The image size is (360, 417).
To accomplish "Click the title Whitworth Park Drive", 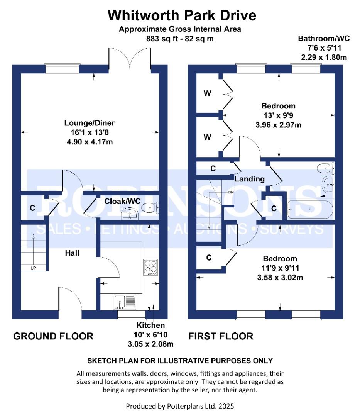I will tap(181, 15).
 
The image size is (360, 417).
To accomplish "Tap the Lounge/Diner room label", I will tap(90, 123).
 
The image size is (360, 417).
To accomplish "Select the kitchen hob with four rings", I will tap(150, 267).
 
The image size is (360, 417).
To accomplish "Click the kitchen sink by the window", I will tap(125, 302).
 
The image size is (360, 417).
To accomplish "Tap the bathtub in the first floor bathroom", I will tap(310, 209).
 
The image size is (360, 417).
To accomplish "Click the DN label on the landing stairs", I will tap(231, 192).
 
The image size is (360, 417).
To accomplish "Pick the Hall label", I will tap(72, 253).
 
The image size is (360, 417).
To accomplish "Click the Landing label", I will tap(250, 179).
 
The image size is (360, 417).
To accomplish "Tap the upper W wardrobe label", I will tap(207, 93).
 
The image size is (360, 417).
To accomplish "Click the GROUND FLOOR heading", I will tap(53, 336).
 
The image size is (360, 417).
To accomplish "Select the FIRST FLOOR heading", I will tap(221, 336).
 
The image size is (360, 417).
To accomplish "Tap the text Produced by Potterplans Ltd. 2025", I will tap(180, 406).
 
